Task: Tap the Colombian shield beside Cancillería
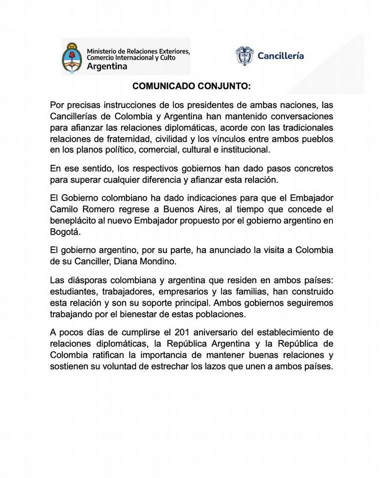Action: pyautogui.click(x=244, y=56)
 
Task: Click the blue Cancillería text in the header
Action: pyautogui.click(x=280, y=56)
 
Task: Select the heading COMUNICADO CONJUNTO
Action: pyautogui.click(x=191, y=86)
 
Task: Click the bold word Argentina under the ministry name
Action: pyautogui.click(x=106, y=66)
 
